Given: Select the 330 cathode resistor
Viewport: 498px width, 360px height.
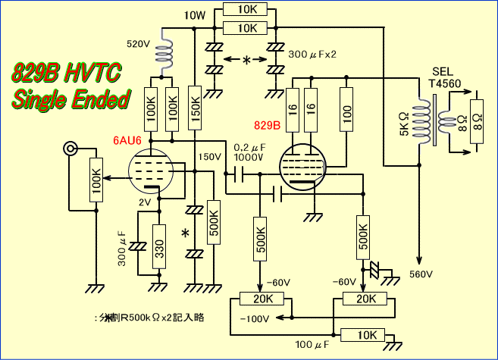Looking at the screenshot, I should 159,246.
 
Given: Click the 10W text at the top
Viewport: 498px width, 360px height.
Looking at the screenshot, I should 194,15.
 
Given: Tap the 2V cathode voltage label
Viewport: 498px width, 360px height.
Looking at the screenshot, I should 145,202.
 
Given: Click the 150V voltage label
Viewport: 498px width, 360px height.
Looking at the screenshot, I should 208,156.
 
